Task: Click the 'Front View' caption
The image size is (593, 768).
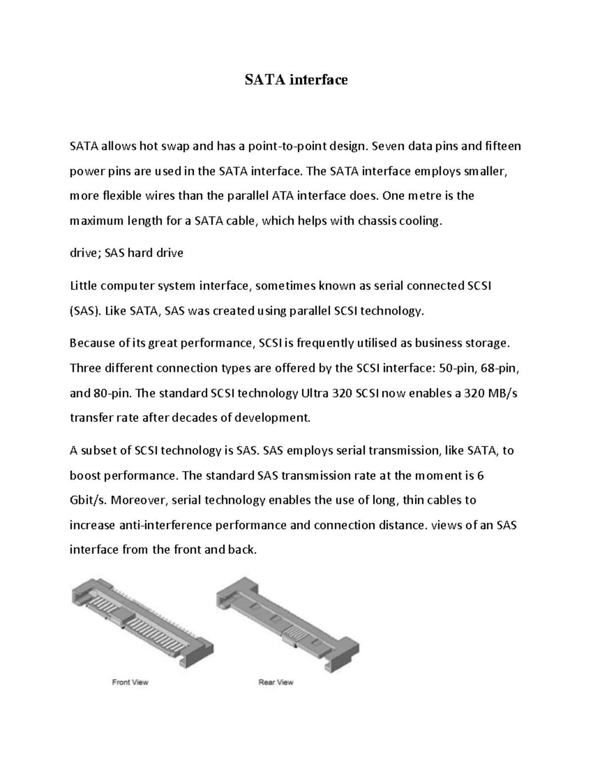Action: tap(130, 682)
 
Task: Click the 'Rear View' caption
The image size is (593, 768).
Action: tap(276, 682)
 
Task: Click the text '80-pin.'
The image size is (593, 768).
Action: tap(113, 394)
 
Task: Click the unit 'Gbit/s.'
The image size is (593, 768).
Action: tap(88, 500)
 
